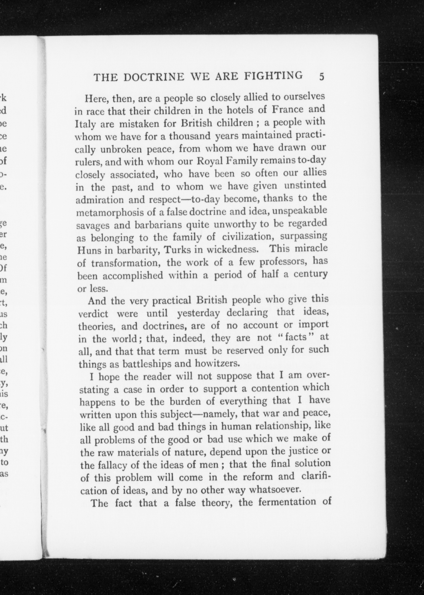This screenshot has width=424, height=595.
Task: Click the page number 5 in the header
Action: coord(321,77)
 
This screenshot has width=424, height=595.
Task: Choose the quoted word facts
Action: coord(296,337)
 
